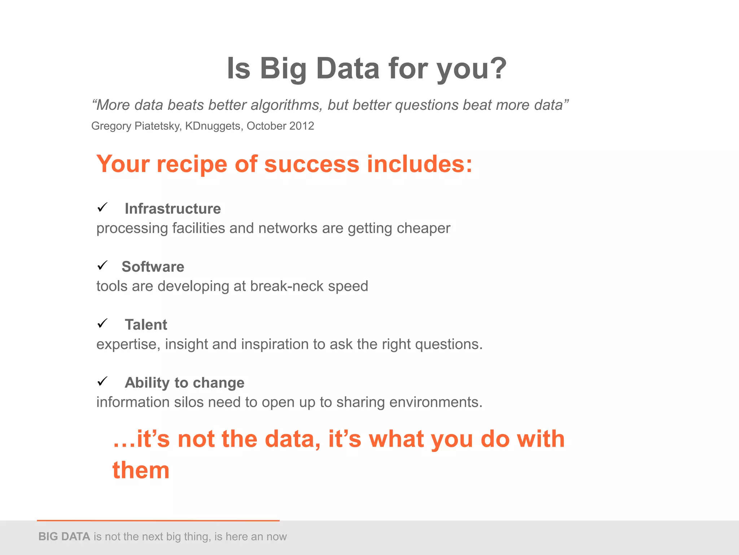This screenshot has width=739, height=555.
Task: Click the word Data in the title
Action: (347, 69)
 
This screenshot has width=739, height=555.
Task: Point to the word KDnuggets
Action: (213, 126)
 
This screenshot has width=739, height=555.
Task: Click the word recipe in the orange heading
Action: (192, 164)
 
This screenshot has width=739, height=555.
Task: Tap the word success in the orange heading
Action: (311, 164)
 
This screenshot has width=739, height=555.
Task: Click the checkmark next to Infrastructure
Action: (102, 207)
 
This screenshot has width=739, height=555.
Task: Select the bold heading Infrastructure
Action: (172, 209)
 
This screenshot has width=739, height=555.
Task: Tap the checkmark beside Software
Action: (102, 266)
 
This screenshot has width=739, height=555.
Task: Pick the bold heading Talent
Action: (146, 325)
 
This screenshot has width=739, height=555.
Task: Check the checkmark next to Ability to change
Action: (102, 381)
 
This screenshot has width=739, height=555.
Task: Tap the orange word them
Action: (141, 470)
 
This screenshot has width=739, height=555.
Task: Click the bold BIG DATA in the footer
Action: (64, 537)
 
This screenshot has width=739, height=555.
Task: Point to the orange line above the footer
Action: (158, 521)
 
